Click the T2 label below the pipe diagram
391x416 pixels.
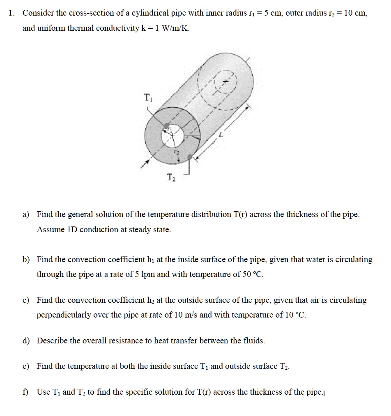(171, 177)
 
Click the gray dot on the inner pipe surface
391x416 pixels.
(166, 126)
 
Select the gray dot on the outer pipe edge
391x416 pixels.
(189, 157)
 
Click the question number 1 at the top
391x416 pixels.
(12, 13)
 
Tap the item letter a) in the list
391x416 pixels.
(26, 214)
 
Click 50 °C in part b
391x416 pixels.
(250, 274)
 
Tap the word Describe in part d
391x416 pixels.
(52, 341)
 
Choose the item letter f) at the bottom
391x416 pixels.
(25, 392)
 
